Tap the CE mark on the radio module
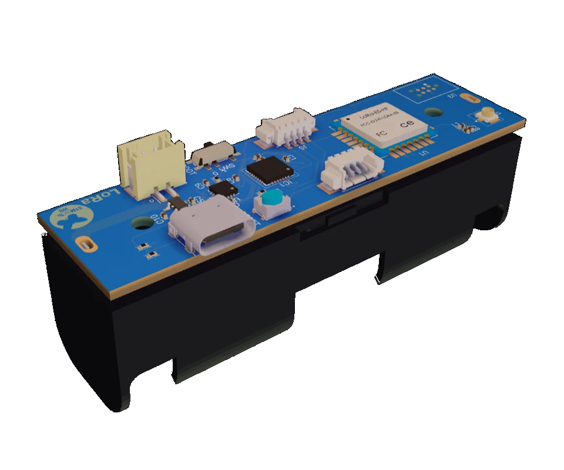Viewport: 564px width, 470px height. (407, 124)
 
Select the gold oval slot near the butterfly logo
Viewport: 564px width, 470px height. (87, 243)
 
